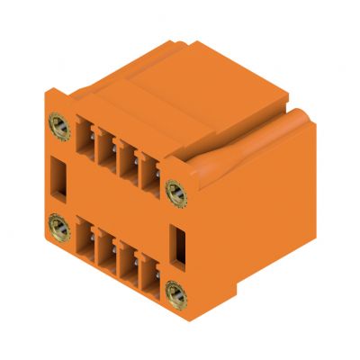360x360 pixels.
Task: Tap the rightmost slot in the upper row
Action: pyautogui.click(x=148, y=170)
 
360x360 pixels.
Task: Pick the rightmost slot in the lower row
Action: pyautogui.click(x=148, y=274)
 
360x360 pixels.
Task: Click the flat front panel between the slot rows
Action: pyautogui.click(x=117, y=205)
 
